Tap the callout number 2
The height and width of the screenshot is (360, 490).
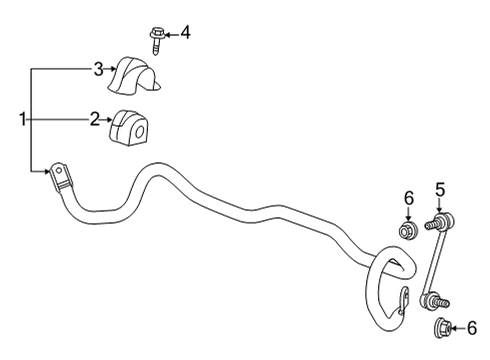pos(94,120)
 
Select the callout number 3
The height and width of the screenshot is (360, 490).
pos(98,68)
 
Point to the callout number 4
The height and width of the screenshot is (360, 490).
pos(184,33)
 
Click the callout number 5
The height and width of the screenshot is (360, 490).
pos(439,187)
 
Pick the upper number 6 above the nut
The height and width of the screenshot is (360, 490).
pos(407,198)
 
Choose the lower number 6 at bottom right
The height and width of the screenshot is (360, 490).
pos(472,326)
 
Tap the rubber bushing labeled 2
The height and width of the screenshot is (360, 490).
pos(130,125)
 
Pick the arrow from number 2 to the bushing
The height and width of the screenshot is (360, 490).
pos(108,121)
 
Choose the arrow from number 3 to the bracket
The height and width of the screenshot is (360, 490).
pos(111,69)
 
